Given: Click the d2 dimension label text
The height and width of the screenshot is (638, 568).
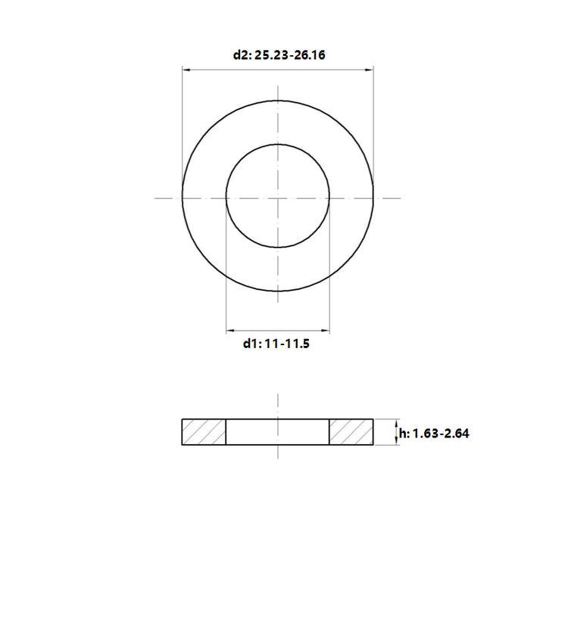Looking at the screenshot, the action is (x=279, y=55).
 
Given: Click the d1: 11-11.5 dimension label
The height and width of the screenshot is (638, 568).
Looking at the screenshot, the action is (x=276, y=344).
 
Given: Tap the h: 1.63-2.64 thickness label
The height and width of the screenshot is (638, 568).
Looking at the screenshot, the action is (x=434, y=434).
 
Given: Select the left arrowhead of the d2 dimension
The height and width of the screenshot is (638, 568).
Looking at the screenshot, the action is (x=186, y=70).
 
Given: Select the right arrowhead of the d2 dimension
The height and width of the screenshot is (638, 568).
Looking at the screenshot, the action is (x=369, y=70).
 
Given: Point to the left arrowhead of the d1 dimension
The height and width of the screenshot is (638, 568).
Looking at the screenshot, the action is (x=230, y=331).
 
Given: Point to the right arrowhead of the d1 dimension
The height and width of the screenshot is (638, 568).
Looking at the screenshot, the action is (x=325, y=331).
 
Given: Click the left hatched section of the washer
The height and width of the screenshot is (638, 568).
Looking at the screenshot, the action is (x=204, y=431).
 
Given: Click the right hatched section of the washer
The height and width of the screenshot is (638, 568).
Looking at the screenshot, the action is (x=351, y=431).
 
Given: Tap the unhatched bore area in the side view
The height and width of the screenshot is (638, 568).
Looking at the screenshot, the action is (x=277, y=431).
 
